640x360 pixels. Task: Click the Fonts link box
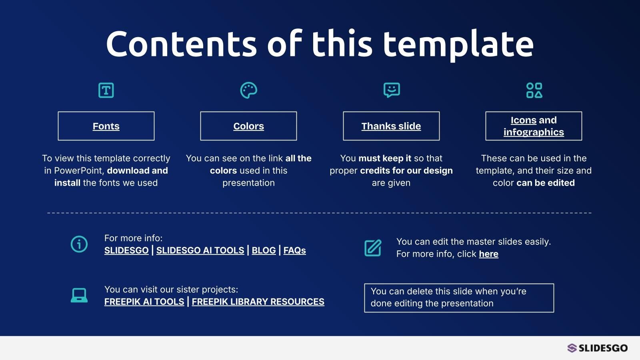tap(106, 126)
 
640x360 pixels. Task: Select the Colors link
tap(248, 126)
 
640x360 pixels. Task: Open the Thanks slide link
tap(391, 126)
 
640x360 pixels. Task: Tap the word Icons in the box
tap(524, 120)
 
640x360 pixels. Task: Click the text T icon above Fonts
tap(106, 90)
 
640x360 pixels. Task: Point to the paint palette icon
tap(248, 90)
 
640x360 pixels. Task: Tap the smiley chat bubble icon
tap(392, 90)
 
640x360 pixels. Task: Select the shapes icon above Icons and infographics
tap(534, 90)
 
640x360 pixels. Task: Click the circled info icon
tap(79, 244)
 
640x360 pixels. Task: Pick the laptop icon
tap(79, 295)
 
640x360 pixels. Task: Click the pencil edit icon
tap(373, 248)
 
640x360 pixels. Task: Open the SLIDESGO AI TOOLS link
tap(200, 250)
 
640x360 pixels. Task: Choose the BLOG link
tap(264, 250)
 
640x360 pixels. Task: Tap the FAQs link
tap(294, 250)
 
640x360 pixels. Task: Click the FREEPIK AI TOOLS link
tap(144, 302)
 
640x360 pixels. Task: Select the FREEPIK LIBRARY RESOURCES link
tap(258, 302)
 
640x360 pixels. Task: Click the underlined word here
tap(488, 254)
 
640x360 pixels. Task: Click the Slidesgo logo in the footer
tap(598, 348)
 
